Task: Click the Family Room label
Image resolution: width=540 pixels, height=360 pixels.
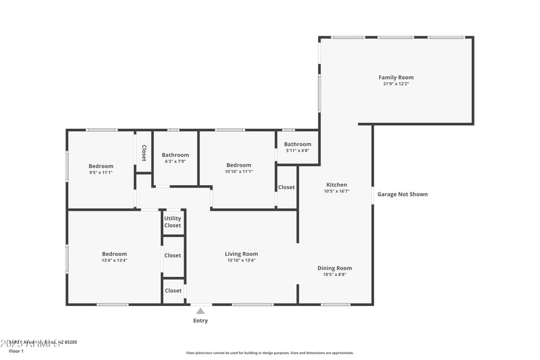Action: pyautogui.click(x=396, y=78)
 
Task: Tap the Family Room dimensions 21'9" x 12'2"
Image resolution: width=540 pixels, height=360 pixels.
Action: pyautogui.click(x=396, y=84)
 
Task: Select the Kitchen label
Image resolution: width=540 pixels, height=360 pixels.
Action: pyautogui.click(x=337, y=184)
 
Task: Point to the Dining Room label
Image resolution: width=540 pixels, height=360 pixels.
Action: pyautogui.click(x=335, y=268)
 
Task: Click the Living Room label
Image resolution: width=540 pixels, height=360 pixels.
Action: pyautogui.click(x=242, y=254)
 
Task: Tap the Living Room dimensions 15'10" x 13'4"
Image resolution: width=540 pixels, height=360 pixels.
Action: pyautogui.click(x=242, y=260)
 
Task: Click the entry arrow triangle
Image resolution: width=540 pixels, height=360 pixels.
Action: pyautogui.click(x=200, y=311)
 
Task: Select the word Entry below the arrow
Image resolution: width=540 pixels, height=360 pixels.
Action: pyautogui.click(x=200, y=321)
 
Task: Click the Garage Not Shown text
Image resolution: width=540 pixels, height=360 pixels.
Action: pyautogui.click(x=402, y=194)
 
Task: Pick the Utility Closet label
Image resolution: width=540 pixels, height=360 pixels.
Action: pyautogui.click(x=173, y=222)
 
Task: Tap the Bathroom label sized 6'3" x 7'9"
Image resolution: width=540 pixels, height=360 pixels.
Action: pyautogui.click(x=175, y=155)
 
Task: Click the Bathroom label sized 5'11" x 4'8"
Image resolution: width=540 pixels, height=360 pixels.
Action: pyautogui.click(x=298, y=144)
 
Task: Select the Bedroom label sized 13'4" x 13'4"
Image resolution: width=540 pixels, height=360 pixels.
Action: pyautogui.click(x=114, y=254)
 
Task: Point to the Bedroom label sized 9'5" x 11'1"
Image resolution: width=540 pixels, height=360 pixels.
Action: pyautogui.click(x=101, y=166)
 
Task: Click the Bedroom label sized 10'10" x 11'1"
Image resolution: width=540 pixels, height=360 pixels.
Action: pyautogui.click(x=239, y=165)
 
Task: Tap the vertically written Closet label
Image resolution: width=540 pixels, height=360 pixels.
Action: pyautogui.click(x=144, y=153)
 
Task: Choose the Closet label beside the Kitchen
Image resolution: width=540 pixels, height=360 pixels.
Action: pyautogui.click(x=286, y=187)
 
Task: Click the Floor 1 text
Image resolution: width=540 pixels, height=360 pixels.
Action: pyautogui.click(x=16, y=351)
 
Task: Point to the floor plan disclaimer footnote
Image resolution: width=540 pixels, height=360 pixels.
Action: pyautogui.click(x=270, y=353)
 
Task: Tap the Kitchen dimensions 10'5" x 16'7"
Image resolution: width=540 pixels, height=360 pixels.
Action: pyautogui.click(x=337, y=191)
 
